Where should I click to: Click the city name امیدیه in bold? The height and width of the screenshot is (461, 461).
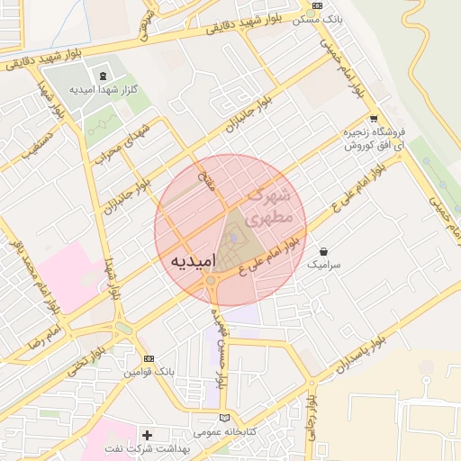(192, 259)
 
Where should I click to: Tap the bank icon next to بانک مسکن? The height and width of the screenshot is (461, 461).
(317, 5)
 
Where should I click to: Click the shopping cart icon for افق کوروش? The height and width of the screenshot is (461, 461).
(374, 119)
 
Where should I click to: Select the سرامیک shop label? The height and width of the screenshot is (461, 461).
(324, 266)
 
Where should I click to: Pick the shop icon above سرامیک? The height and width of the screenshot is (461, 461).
(323, 251)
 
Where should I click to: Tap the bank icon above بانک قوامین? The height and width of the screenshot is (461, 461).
(149, 357)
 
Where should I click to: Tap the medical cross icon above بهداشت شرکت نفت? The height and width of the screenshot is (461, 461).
(147, 435)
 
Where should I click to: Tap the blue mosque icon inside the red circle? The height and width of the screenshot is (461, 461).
(234, 237)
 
